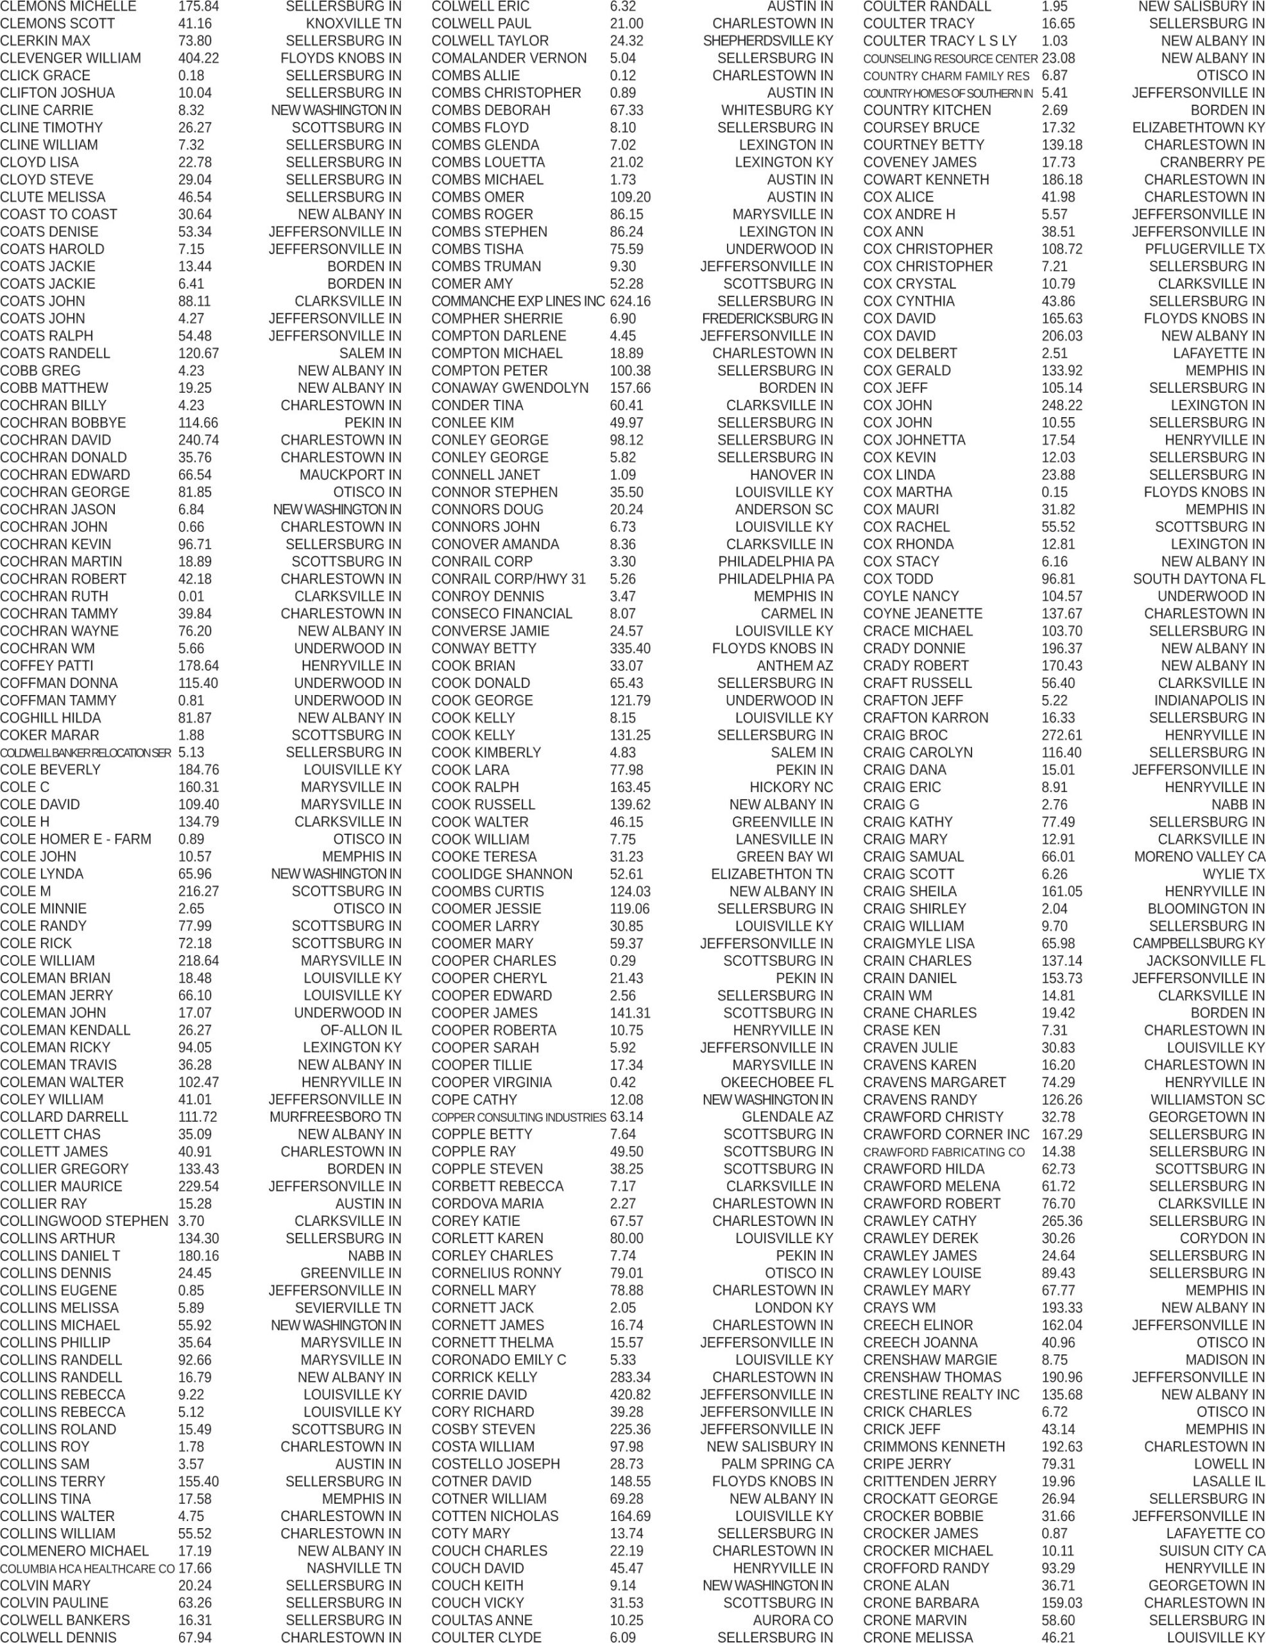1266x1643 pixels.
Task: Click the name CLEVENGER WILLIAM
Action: [x=70, y=58]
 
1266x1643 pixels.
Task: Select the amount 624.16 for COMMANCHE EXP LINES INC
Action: [x=629, y=301]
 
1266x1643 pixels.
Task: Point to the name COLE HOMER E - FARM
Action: [x=75, y=839]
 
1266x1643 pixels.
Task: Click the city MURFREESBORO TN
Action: [x=335, y=1116]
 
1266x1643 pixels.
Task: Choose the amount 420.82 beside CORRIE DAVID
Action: [x=629, y=1394]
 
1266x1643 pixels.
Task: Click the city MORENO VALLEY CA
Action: [x=1199, y=856]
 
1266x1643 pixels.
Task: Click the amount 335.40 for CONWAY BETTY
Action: [x=629, y=648]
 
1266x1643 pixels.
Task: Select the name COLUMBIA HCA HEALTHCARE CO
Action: [x=87, y=1569]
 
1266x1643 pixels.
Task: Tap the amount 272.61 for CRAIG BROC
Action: [x=1061, y=735]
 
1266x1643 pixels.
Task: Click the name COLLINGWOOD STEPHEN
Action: [x=83, y=1221]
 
